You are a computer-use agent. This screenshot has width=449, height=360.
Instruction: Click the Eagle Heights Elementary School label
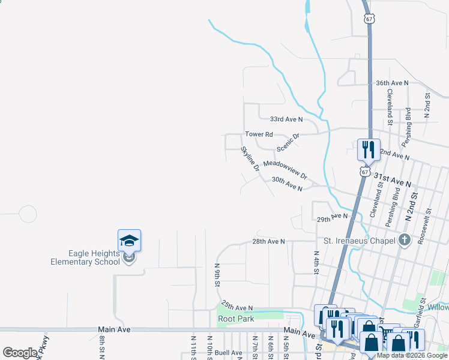85,258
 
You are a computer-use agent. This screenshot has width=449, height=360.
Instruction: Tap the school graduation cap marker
129,241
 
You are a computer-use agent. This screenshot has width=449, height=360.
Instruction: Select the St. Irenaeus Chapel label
358,241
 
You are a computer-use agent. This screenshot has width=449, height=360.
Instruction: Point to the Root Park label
236,319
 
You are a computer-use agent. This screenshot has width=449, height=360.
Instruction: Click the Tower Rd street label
259,134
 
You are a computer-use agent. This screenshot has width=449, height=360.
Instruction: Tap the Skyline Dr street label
250,159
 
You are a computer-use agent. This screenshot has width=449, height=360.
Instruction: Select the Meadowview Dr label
285,170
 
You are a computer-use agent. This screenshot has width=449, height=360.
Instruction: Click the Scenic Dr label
288,143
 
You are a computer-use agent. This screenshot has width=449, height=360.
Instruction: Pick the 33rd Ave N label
286,119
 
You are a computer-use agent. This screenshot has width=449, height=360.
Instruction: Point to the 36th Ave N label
391,83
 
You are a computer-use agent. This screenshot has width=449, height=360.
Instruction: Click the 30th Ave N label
286,184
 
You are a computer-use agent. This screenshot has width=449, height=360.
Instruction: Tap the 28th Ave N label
268,241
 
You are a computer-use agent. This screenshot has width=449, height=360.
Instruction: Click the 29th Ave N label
333,217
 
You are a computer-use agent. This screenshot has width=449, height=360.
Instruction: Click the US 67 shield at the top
369,19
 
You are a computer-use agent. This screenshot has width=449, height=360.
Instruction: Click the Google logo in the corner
20,353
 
